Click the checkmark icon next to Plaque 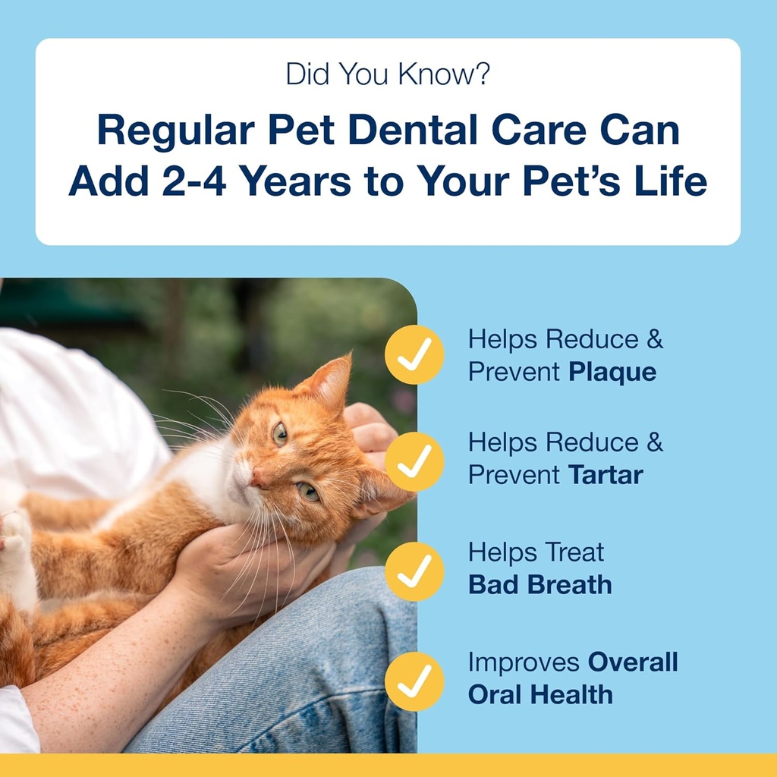tap(414, 354)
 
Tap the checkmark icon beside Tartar tap(414, 461)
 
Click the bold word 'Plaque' tap(612, 373)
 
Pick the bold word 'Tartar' tap(605, 475)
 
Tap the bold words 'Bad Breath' tap(539, 585)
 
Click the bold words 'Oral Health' tap(539, 694)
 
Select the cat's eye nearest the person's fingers tap(308, 491)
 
